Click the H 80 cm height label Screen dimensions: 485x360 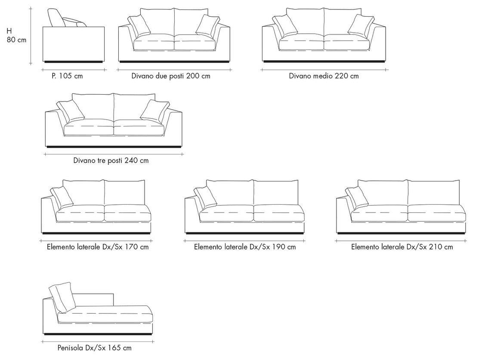click(16, 36)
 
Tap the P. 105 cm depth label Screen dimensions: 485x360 click(67, 76)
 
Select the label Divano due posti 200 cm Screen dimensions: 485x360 click(171, 76)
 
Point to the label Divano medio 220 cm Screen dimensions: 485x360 click(324, 76)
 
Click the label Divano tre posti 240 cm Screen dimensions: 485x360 click(111, 161)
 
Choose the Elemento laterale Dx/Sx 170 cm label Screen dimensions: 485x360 click(98, 247)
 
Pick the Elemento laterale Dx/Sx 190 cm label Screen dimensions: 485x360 click(245, 247)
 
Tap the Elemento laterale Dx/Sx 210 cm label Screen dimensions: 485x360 click(402, 247)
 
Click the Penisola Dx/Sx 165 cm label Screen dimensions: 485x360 click(94, 348)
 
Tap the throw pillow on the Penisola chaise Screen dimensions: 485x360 click(62, 297)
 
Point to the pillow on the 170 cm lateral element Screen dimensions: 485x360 click(62, 197)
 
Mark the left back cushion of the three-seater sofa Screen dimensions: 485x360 click(93, 107)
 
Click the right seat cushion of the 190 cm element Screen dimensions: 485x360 click(279, 213)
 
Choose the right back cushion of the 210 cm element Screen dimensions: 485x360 click(434, 193)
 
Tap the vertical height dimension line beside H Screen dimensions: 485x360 click(31, 36)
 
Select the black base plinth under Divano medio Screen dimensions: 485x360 click(324, 62)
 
